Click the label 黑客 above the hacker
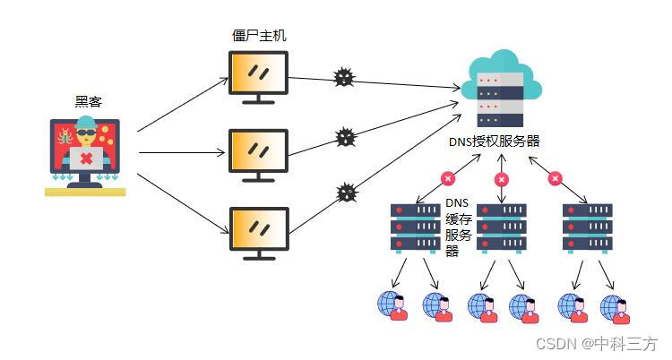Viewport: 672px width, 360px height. pyautogui.click(x=89, y=102)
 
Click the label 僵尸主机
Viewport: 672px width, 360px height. pyautogui.click(x=259, y=36)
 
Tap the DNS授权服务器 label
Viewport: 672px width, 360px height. pyautogui.click(x=495, y=141)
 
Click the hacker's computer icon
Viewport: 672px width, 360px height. pyautogui.click(x=86, y=155)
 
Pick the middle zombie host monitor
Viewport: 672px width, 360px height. pyautogui.click(x=259, y=154)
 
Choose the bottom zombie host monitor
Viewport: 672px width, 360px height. pyautogui.click(x=259, y=232)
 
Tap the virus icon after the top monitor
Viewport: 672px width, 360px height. pyautogui.click(x=343, y=77)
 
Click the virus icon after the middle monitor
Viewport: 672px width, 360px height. pyautogui.click(x=345, y=137)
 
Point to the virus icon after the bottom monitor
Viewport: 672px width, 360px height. pyautogui.click(x=347, y=193)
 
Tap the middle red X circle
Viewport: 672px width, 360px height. pyautogui.click(x=502, y=179)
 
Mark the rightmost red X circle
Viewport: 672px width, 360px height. pyautogui.click(x=555, y=179)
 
